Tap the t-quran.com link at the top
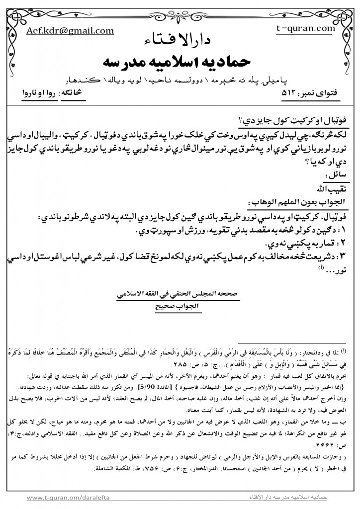pyautogui.click(x=305, y=28)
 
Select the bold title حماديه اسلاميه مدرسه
pyautogui.click(x=180, y=62)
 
